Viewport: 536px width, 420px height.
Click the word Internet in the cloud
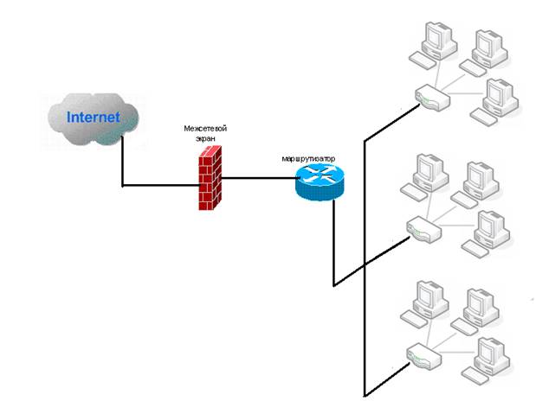coord(94,118)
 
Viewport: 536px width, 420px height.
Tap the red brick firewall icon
coord(208,178)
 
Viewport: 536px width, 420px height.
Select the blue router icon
coord(319,181)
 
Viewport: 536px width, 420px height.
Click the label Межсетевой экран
coord(206,133)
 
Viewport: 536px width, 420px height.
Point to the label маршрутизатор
coord(309,159)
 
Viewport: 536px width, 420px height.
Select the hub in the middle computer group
coord(423,230)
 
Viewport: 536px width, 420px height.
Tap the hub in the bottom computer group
coord(422,353)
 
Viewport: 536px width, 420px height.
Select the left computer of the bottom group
coord(426,299)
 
